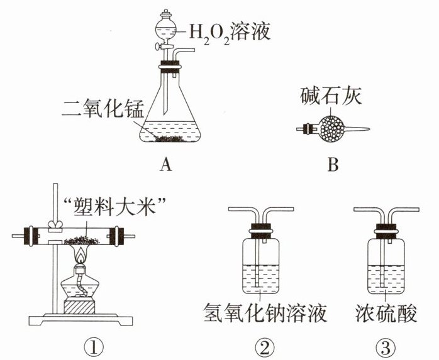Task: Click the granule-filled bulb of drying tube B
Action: [332, 129]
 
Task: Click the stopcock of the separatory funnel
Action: [165, 46]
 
